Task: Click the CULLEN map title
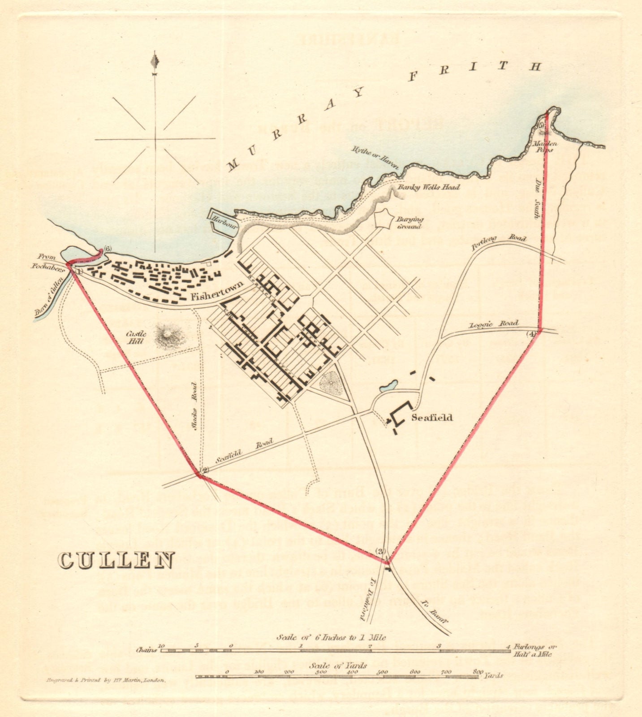click(116, 560)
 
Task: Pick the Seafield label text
click(432, 418)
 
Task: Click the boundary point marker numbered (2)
click(204, 470)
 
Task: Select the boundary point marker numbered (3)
click(381, 551)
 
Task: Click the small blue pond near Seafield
click(388, 386)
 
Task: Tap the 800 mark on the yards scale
click(478, 659)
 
